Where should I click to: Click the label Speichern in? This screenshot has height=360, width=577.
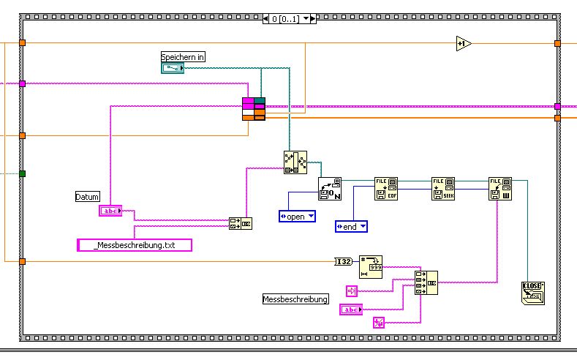point(183,56)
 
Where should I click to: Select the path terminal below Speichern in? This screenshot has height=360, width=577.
point(173,68)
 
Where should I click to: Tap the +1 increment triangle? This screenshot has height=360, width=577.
point(463,44)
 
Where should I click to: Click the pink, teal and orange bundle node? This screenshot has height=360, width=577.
point(254,108)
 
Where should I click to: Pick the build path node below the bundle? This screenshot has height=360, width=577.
point(295,162)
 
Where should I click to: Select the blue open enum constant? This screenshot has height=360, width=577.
point(297,217)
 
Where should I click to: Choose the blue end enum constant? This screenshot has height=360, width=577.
point(351,227)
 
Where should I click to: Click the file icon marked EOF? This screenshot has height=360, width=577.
point(385,188)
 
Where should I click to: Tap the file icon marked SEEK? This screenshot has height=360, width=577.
point(442,188)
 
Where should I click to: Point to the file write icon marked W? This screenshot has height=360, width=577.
point(500,188)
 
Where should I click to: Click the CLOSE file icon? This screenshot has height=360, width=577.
point(534,293)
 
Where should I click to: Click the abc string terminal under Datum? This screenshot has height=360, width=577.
point(110,211)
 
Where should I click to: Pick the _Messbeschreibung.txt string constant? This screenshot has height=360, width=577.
point(135,246)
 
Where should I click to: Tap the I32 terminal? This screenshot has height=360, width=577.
point(343,261)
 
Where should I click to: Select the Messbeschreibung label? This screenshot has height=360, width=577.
point(295,299)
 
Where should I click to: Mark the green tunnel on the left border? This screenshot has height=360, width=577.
point(22,173)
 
